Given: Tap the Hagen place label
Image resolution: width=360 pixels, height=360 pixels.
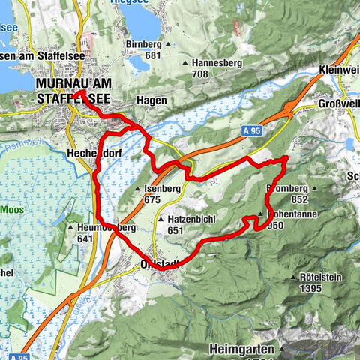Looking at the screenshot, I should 150,100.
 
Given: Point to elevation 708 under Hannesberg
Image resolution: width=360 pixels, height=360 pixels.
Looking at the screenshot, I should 198,75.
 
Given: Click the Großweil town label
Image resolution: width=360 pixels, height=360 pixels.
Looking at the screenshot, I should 337,103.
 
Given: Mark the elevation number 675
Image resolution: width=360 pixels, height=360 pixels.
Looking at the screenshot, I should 153,200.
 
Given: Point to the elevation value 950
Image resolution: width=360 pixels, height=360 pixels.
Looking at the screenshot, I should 274,224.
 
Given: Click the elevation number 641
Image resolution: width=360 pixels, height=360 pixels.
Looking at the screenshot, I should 87,238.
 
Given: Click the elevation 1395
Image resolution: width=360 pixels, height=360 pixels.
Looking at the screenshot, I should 304,288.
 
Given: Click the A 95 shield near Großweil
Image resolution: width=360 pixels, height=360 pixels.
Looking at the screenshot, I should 253,131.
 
